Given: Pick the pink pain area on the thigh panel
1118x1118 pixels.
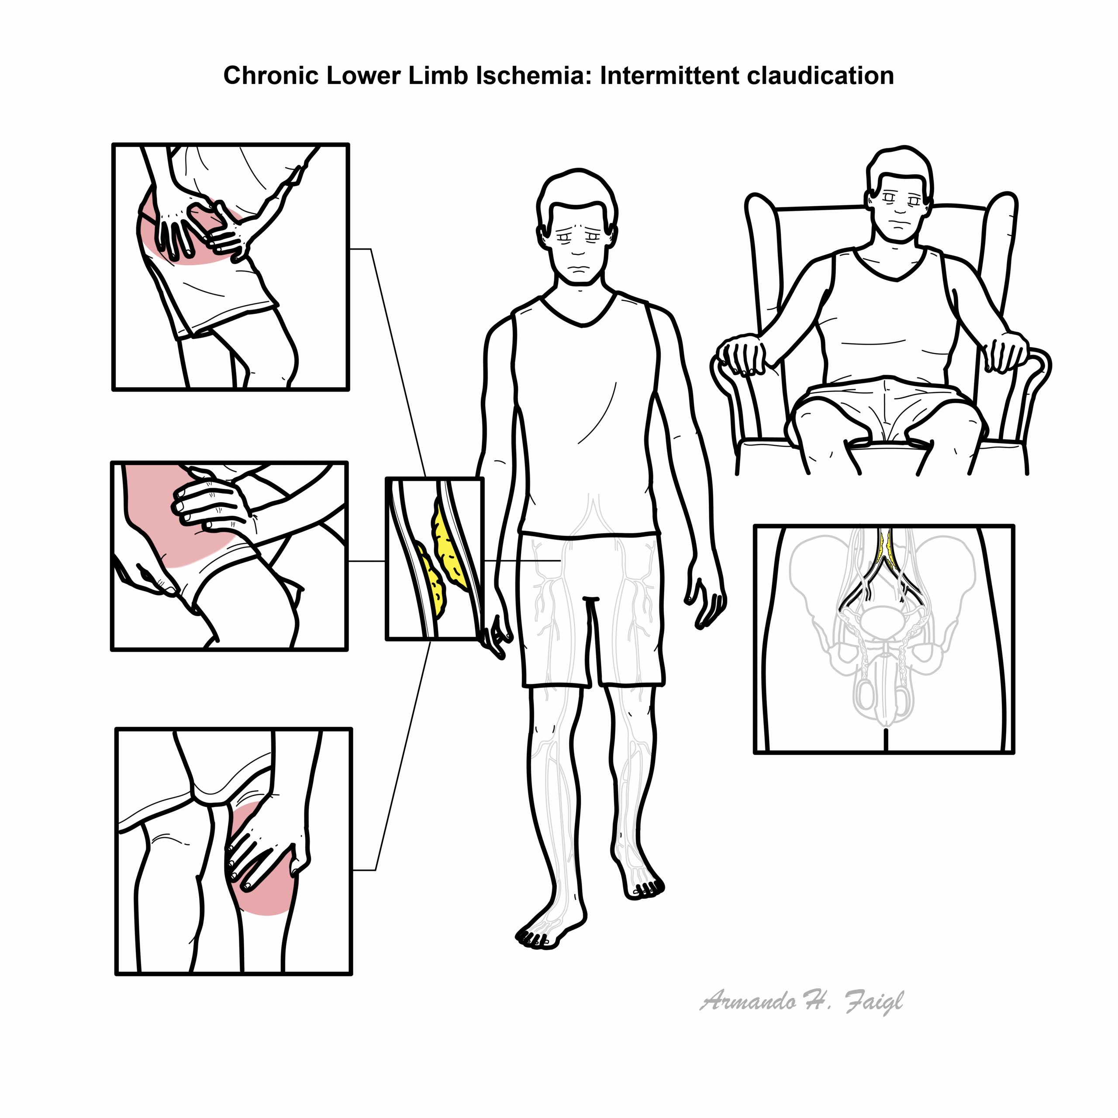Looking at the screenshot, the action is pyautogui.click(x=174, y=515).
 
